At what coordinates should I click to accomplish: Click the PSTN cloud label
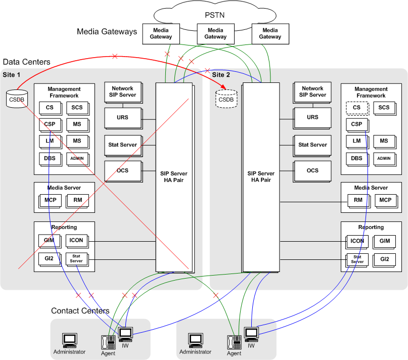tap(214, 15)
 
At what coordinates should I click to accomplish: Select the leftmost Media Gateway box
tap(161, 33)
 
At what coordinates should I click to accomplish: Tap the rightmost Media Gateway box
tap(270, 33)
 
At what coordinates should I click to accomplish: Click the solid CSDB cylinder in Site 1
tap(17, 99)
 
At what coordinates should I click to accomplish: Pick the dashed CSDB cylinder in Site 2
tap(226, 99)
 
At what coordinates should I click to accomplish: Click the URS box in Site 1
tap(122, 117)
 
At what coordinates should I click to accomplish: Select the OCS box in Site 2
tap(312, 170)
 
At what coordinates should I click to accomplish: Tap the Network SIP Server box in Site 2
tap(312, 92)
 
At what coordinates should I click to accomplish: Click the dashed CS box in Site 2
tap(356, 108)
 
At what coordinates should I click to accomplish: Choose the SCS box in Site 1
tap(77, 108)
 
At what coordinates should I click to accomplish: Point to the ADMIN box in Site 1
tap(77, 158)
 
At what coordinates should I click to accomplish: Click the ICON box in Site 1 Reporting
tap(77, 241)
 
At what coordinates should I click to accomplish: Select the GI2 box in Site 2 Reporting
tap(385, 259)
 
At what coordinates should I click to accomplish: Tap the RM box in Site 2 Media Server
tap(358, 200)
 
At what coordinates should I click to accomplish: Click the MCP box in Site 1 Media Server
tap(50, 200)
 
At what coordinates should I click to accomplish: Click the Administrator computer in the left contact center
tap(69, 340)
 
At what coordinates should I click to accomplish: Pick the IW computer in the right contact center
tap(251, 334)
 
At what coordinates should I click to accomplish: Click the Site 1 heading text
tap(12, 75)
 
